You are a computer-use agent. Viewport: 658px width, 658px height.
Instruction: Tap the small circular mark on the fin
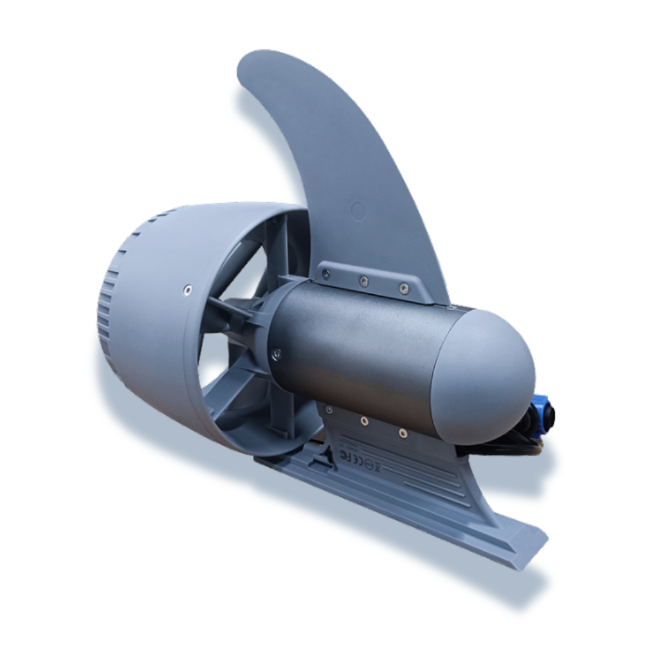click(x=358, y=211)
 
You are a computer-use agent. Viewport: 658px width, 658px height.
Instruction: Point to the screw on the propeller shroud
click(x=189, y=288)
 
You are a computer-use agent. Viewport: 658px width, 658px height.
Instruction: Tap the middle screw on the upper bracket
click(x=363, y=282)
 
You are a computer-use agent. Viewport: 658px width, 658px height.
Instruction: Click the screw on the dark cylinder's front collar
click(x=276, y=353)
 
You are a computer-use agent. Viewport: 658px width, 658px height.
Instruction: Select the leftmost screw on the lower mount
click(x=328, y=410)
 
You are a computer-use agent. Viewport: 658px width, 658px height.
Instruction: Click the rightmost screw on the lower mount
click(x=401, y=433)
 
